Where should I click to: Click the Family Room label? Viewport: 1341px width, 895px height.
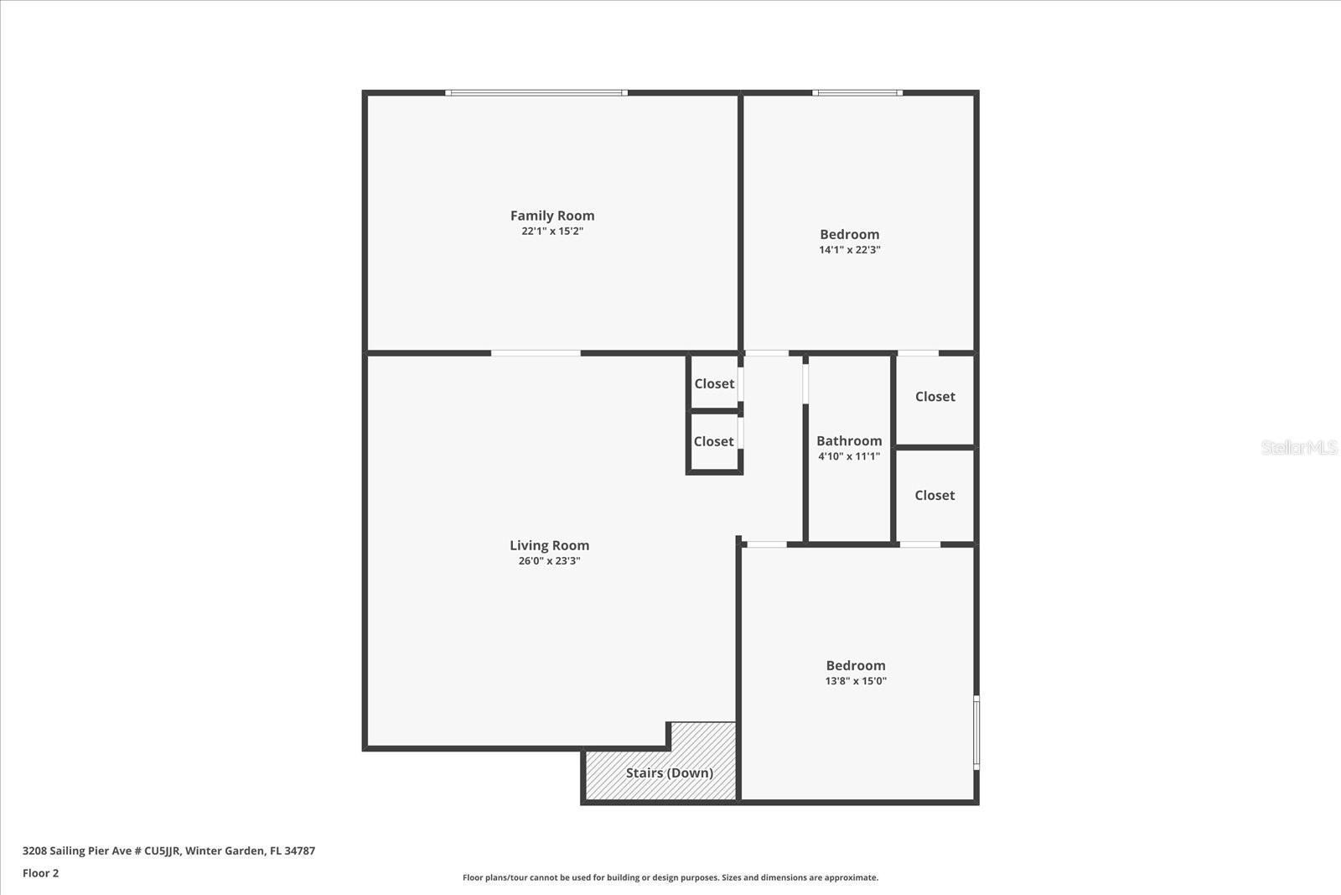tap(552, 216)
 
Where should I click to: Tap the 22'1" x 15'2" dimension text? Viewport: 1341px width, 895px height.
tap(552, 232)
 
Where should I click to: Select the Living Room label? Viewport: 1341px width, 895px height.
tap(549, 545)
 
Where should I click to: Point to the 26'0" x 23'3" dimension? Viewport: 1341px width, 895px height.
tap(549, 561)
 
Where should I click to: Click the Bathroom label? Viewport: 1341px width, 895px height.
tap(849, 440)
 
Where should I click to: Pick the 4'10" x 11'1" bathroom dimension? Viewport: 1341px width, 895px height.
tap(849, 456)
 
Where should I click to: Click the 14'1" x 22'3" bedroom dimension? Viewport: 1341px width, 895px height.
tap(849, 250)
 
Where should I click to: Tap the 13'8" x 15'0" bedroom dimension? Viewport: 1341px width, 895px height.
tap(855, 681)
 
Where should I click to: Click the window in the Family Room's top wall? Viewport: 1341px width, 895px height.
tap(536, 93)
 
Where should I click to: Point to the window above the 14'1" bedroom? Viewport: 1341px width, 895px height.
tap(857, 93)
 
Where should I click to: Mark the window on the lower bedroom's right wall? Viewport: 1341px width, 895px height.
tap(976, 731)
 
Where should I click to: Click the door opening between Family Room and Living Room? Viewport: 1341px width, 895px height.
tap(536, 353)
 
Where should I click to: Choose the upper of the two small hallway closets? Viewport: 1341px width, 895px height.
tap(714, 383)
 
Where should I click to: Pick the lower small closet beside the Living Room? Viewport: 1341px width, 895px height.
tap(713, 442)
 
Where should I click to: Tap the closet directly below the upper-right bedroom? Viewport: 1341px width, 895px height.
tap(935, 397)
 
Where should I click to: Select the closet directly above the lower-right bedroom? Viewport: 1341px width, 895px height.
tap(935, 496)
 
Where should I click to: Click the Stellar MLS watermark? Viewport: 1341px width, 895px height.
tap(1298, 447)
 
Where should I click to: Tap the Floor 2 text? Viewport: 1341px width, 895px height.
tap(40, 873)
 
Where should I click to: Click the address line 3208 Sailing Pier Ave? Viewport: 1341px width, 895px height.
tap(168, 851)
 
